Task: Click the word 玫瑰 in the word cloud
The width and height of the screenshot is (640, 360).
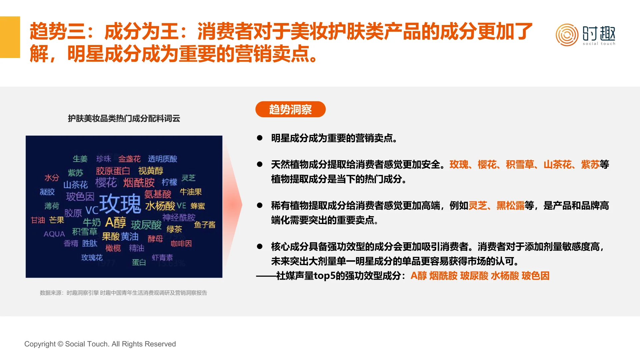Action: coord(120,203)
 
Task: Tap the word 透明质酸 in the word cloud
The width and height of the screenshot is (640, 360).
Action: coord(162,159)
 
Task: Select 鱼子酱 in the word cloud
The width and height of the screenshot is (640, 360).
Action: coord(205,225)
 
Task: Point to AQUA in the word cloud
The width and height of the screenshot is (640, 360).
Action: coord(54,234)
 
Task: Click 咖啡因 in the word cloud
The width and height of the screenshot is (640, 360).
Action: coord(181,244)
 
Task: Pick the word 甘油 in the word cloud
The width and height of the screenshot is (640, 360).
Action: coord(38,220)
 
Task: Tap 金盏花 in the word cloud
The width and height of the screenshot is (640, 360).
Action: coord(129,159)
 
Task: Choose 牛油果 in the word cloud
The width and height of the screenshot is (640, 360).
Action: coord(191,192)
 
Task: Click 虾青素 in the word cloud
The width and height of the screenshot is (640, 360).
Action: coord(162,257)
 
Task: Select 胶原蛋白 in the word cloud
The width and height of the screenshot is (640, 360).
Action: coord(113,171)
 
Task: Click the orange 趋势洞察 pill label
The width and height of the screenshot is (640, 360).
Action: coord(290,109)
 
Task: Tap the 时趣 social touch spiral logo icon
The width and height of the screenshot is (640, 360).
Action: coord(567,35)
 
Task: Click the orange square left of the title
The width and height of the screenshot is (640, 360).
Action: coord(10,37)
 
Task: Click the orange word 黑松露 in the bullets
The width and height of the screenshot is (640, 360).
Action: coord(510,206)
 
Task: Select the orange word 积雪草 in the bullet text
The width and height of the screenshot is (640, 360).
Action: coord(520,165)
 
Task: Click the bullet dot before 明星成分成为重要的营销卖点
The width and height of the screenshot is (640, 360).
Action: coord(260,138)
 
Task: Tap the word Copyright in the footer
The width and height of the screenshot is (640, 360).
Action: coord(40,344)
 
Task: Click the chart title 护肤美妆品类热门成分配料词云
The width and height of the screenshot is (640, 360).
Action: coord(124,118)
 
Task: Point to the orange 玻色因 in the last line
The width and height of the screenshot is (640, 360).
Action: coord(535,276)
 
